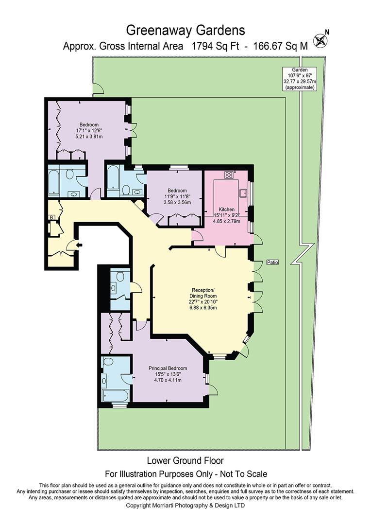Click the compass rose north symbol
point(320,40)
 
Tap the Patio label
point(272,262)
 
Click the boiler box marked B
point(51,218)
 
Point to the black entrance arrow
point(79,245)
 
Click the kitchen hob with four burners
point(229,175)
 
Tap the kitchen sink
point(243,193)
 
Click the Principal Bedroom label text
point(168,374)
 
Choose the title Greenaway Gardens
point(185,31)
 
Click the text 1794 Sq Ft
point(215,46)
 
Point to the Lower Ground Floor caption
point(185,461)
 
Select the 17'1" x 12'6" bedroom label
point(89,131)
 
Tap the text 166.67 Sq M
point(280,46)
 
